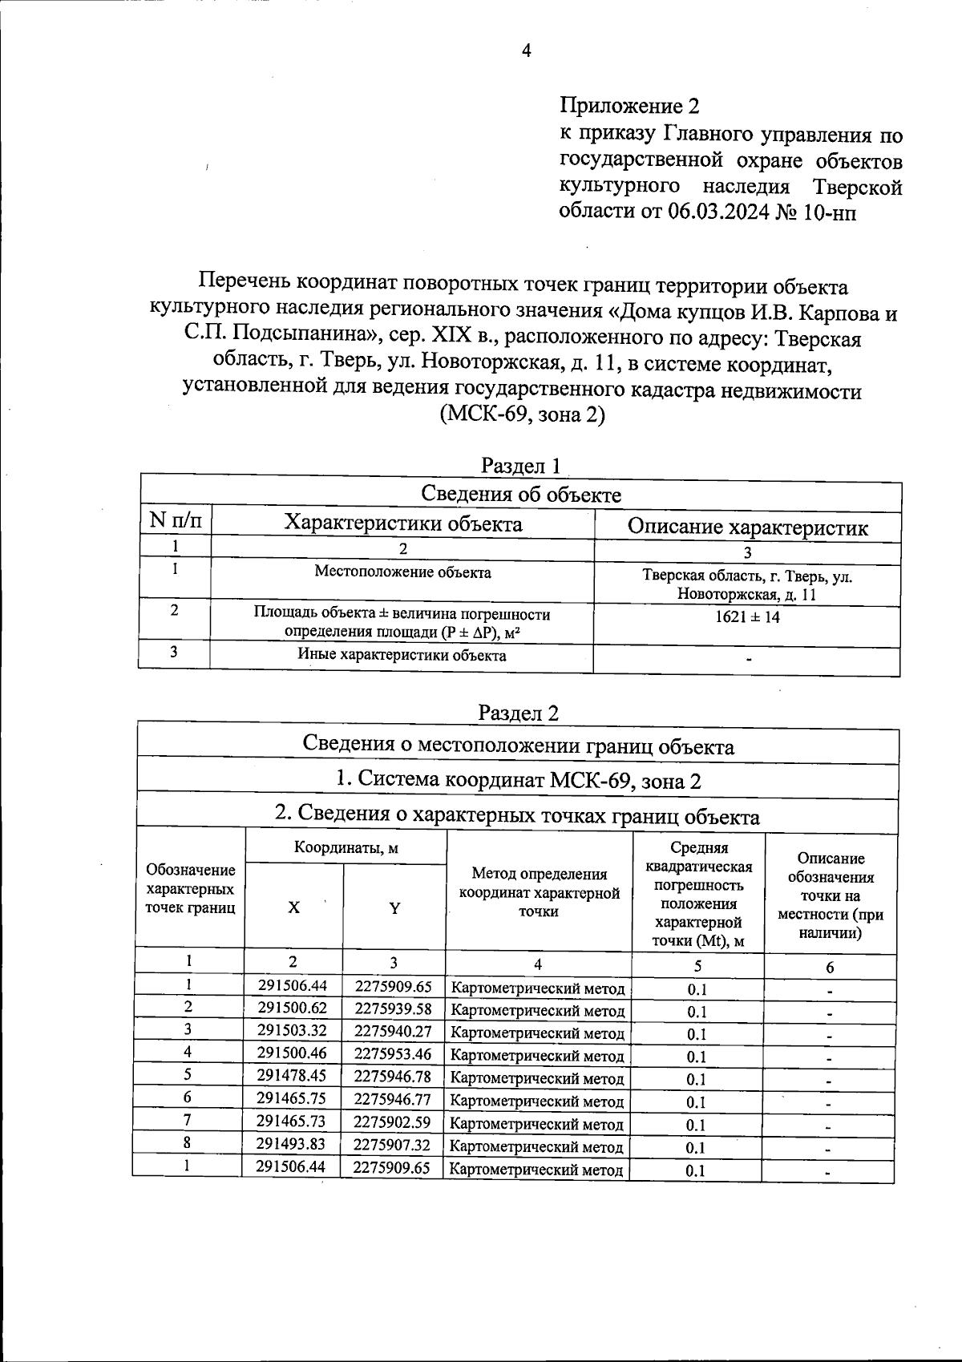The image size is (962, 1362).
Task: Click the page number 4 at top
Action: (x=526, y=51)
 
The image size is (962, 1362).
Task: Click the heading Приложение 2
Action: (x=629, y=106)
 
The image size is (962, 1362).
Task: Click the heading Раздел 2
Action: (x=518, y=712)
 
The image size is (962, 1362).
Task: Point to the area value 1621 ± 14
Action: (x=747, y=617)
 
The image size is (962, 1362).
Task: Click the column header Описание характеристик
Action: (x=747, y=527)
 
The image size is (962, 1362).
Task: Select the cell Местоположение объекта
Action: (x=402, y=572)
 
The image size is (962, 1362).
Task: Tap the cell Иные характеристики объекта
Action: (x=402, y=655)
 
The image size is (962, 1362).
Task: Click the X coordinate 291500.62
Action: (x=292, y=1008)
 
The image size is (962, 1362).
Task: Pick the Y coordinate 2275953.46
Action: (x=393, y=1053)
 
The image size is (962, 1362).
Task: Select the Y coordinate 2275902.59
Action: (x=393, y=1121)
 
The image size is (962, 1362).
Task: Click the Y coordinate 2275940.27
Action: (x=393, y=1030)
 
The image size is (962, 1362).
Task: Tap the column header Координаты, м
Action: (x=346, y=847)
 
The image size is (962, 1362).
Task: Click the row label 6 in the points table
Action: (x=188, y=1098)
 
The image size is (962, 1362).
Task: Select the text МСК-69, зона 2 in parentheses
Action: (x=522, y=416)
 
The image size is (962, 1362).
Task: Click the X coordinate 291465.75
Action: (x=292, y=1098)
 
